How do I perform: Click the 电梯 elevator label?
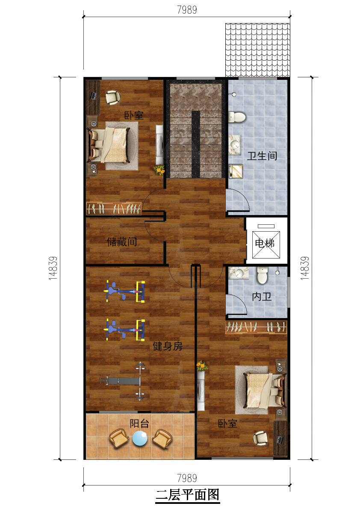click(265, 243)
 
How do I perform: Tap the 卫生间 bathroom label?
click(262, 156)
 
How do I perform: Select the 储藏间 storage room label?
click(122, 241)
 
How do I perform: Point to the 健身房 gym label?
click(168, 346)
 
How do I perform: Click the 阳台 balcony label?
click(139, 423)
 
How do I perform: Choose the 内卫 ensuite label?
click(262, 296)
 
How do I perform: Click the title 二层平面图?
click(188, 495)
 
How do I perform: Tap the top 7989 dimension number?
click(187, 10)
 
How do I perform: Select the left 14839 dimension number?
click(53, 268)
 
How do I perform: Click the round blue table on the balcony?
click(140, 438)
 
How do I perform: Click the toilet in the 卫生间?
click(236, 117)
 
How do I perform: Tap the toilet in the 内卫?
click(262, 275)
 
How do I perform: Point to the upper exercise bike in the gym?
click(125, 291)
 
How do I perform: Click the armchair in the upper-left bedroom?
click(112, 97)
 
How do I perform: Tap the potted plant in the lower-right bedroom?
click(201, 366)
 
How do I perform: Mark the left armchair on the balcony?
click(119, 438)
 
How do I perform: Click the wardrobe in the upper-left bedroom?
click(114, 209)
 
